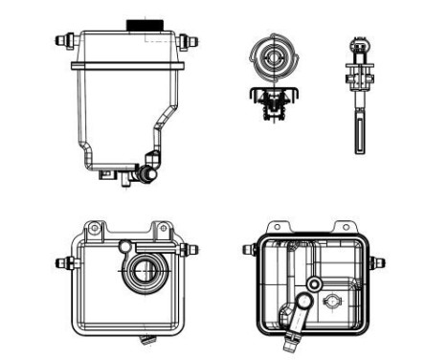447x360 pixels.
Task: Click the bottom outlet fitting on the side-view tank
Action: pyautogui.click(x=145, y=173)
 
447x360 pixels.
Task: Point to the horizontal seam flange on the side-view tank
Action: pyautogui.click(x=129, y=64)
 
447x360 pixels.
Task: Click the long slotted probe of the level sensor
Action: pyautogui.click(x=361, y=129)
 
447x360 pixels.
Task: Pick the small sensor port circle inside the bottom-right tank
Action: pyautogui.click(x=332, y=304)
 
